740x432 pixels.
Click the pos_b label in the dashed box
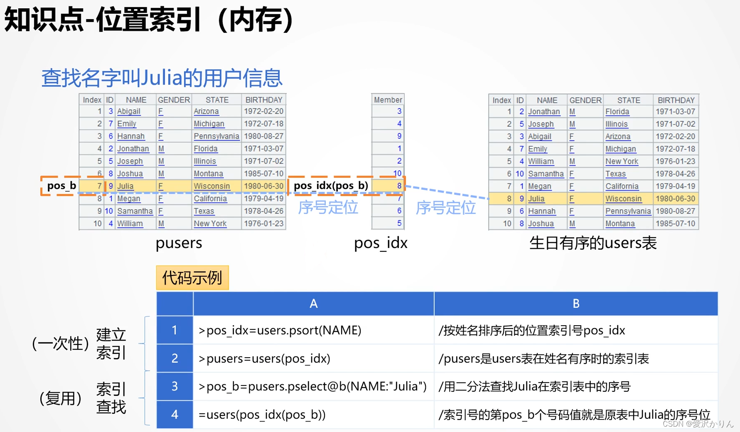click(61, 185)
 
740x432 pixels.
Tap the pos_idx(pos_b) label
click(331, 185)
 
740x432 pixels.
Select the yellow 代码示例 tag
click(192, 277)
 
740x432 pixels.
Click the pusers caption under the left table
click(179, 243)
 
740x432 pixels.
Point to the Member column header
click(388, 100)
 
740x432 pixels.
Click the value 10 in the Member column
click(397, 173)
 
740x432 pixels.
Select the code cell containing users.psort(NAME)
click(280, 330)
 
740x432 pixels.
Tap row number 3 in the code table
click(175, 386)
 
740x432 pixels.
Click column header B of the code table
click(576, 304)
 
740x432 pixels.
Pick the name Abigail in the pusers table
click(129, 111)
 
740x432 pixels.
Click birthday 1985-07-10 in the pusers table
click(263, 173)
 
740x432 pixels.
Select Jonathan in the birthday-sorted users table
click(544, 112)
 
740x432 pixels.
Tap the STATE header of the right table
click(628, 100)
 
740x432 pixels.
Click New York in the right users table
click(622, 161)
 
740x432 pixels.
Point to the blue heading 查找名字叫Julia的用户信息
click(162, 78)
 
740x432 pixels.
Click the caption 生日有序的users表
click(593, 243)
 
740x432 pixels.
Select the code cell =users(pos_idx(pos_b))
click(262, 415)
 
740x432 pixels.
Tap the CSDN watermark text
click(698, 424)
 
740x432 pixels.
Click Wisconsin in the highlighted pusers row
click(212, 186)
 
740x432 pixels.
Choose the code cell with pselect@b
click(312, 386)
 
